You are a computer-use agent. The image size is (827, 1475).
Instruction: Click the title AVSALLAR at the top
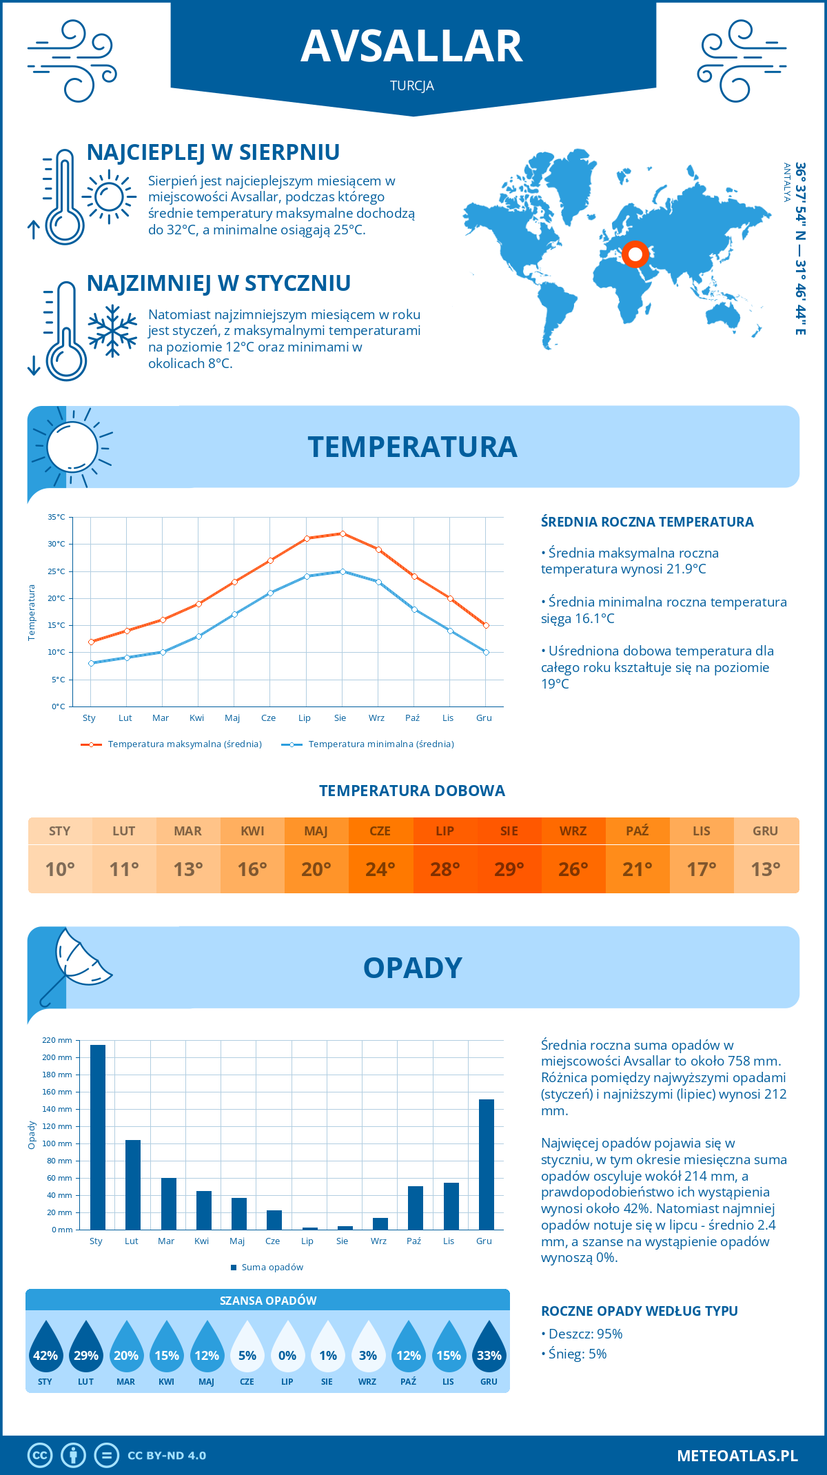(x=412, y=46)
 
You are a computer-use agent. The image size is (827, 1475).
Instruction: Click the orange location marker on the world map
(x=635, y=254)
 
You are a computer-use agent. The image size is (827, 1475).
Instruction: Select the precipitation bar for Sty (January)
(x=98, y=1137)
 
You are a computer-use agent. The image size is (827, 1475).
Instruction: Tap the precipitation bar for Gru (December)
(x=487, y=1164)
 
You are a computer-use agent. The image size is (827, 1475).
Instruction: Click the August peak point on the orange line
(x=343, y=533)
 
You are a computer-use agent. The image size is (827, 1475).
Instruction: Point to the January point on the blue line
(x=91, y=663)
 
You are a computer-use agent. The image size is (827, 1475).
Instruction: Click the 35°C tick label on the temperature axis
(x=57, y=517)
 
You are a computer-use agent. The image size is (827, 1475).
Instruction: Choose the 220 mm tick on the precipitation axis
(x=57, y=1040)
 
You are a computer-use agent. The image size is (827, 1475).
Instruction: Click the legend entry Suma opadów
(x=272, y=1267)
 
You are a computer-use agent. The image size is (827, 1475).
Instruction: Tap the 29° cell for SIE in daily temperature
(x=509, y=869)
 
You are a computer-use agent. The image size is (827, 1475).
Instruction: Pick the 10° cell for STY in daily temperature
(x=60, y=869)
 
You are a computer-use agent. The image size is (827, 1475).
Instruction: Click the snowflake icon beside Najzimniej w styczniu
(x=112, y=331)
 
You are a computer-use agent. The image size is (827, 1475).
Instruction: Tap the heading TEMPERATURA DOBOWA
(x=412, y=791)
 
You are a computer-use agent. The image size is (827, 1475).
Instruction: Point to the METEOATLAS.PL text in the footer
(x=737, y=1456)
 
